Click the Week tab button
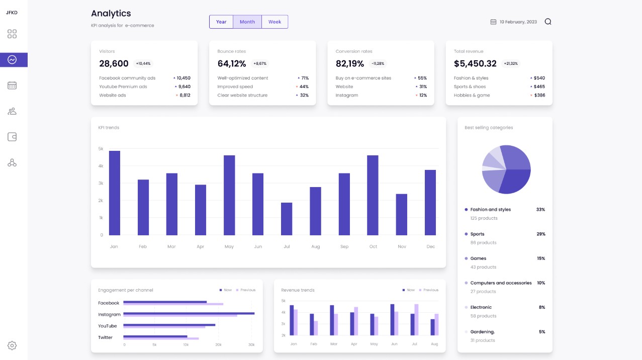pyautogui.click(x=274, y=22)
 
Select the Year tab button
pyautogui.click(x=221, y=22)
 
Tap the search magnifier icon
pyautogui.click(x=548, y=22)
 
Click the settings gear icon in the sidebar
pyautogui.click(x=12, y=345)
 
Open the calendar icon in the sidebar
pyautogui.click(x=12, y=85)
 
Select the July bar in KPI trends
pyautogui.click(x=287, y=219)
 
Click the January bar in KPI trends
pyautogui.click(x=115, y=193)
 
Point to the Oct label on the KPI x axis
pyautogui.click(x=373, y=247)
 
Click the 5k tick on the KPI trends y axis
pyautogui.click(x=101, y=149)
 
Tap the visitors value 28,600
pyautogui.click(x=114, y=64)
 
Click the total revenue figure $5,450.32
pyautogui.click(x=475, y=64)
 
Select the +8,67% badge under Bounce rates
pyautogui.click(x=260, y=64)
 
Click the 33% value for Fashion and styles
pyautogui.click(x=540, y=210)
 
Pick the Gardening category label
pyautogui.click(x=482, y=332)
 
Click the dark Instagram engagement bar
pyautogui.click(x=189, y=313)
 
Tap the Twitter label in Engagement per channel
pyautogui.click(x=106, y=337)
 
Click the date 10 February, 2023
pyautogui.click(x=518, y=22)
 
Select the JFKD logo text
pyautogui.click(x=12, y=13)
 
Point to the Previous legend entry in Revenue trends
pyautogui.click(x=430, y=290)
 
